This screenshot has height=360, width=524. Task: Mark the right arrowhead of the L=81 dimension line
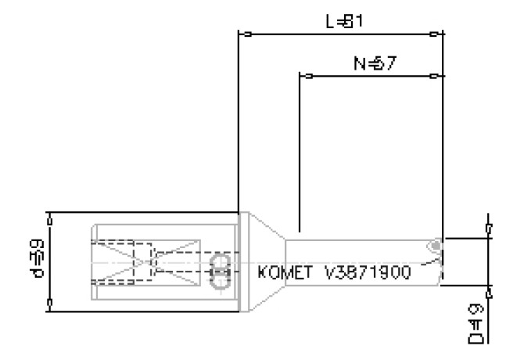[435, 34]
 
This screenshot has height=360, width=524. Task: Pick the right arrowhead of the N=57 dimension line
[435, 76]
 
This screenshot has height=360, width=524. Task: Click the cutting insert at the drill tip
[434, 248]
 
